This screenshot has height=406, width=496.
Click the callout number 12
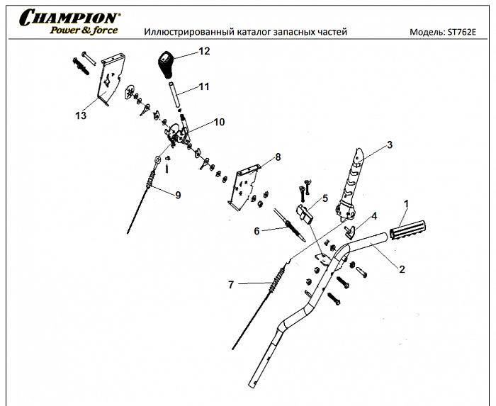pyautogui.click(x=204, y=51)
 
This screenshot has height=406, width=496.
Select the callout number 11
pyautogui.click(x=204, y=87)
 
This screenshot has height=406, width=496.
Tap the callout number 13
pyautogui.click(x=81, y=115)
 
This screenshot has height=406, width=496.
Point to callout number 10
pyautogui.click(x=218, y=122)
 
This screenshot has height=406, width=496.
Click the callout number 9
pyautogui.click(x=177, y=195)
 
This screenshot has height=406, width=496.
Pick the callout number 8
pyautogui.click(x=278, y=157)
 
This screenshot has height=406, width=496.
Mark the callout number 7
pyautogui.click(x=230, y=285)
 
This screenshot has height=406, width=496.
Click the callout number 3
pyautogui.click(x=389, y=146)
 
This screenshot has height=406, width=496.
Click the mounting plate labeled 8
pyautogui.click(x=242, y=186)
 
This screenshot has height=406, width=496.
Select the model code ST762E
pyautogui.click(x=462, y=33)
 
